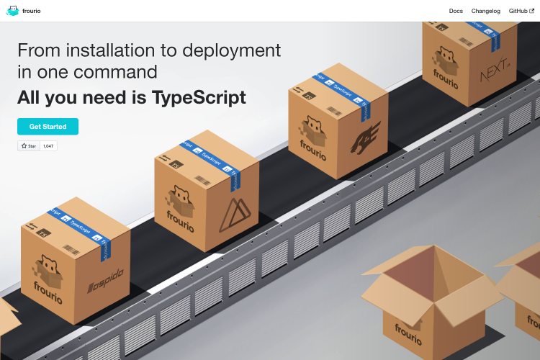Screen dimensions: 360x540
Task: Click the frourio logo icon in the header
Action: point(13,11)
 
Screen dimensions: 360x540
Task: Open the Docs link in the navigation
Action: point(456,11)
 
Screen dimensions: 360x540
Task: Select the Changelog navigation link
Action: point(485,11)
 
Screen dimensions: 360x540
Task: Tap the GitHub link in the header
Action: point(521,11)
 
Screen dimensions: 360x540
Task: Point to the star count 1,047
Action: point(48,145)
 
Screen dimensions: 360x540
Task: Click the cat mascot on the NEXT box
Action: point(446,63)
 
